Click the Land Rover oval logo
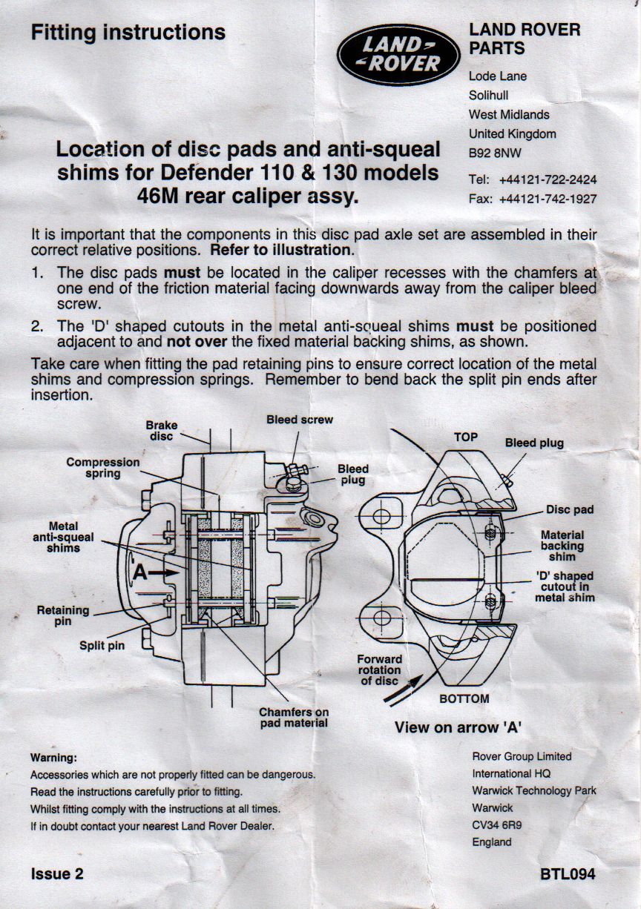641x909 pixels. (x=398, y=54)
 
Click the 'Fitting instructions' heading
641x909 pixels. (x=128, y=32)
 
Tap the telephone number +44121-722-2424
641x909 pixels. (x=548, y=179)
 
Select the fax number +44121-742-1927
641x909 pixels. (x=548, y=199)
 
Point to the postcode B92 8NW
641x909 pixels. (x=495, y=153)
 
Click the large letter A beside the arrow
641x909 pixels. (x=140, y=572)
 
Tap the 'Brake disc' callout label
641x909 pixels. (x=162, y=431)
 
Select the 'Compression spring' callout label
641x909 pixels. (x=102, y=468)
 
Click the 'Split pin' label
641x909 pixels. (x=102, y=645)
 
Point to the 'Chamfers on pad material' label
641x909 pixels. (x=294, y=718)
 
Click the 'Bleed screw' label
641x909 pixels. (x=300, y=420)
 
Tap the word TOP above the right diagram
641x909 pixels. (x=466, y=437)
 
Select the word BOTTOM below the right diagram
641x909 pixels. (x=464, y=698)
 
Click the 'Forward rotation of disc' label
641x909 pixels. (x=380, y=670)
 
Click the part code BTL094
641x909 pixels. (x=568, y=874)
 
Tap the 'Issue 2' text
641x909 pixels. (x=57, y=873)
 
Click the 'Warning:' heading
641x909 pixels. (x=53, y=758)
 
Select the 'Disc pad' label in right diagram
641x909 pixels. (x=570, y=509)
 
